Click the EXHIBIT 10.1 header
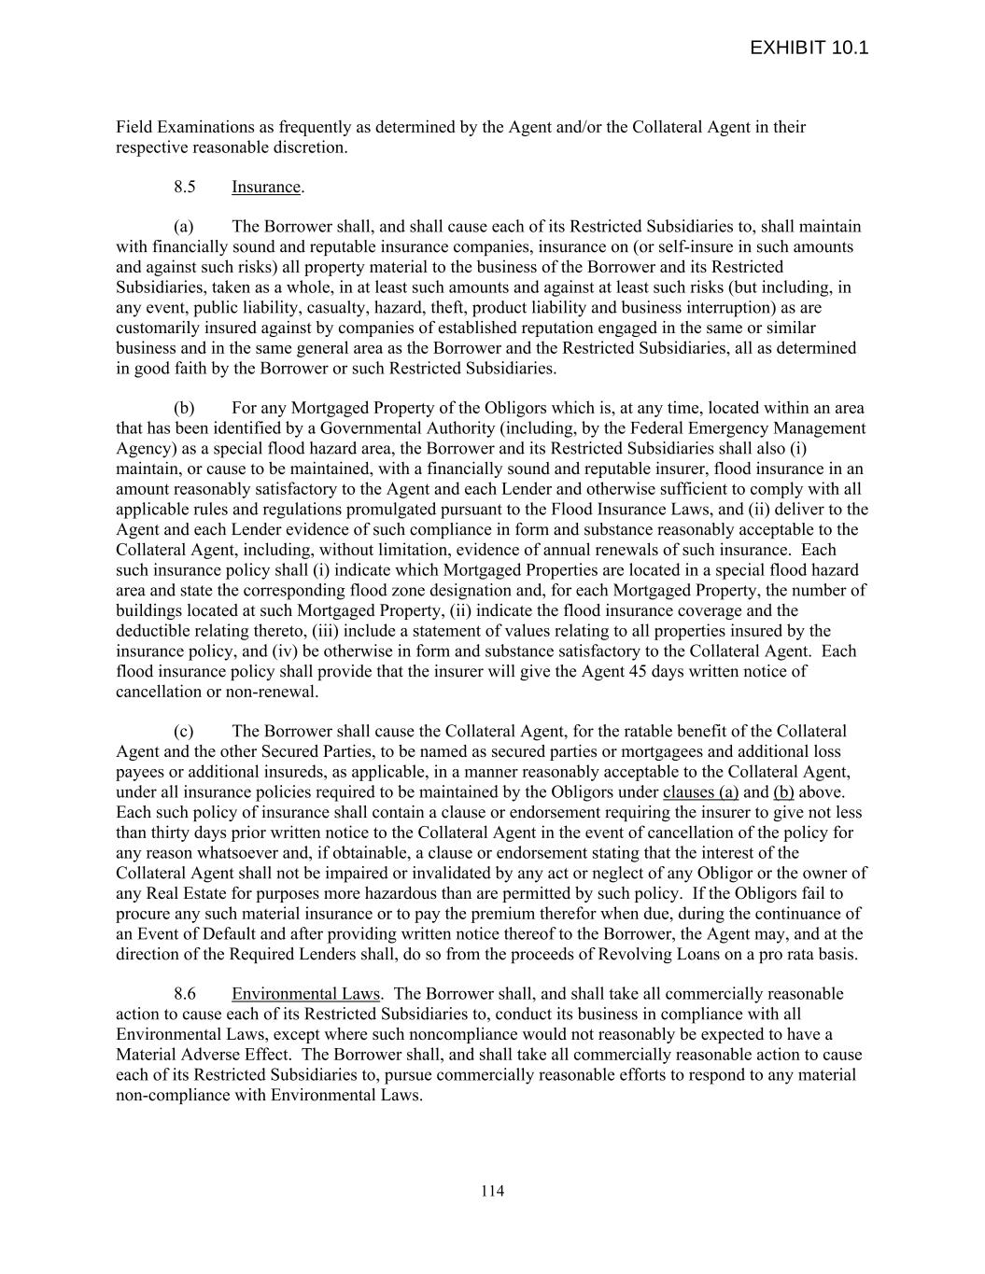pos(809,48)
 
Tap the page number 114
pos(492,1190)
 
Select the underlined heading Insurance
pos(266,187)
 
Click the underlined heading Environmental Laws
pos(305,993)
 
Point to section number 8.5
pos(184,187)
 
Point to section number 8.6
pos(184,993)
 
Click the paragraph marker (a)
pos(183,227)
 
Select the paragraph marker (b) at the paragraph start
pos(183,408)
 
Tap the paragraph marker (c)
pos(183,731)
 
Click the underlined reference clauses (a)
pos(700,792)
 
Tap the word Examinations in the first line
pos(202,127)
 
